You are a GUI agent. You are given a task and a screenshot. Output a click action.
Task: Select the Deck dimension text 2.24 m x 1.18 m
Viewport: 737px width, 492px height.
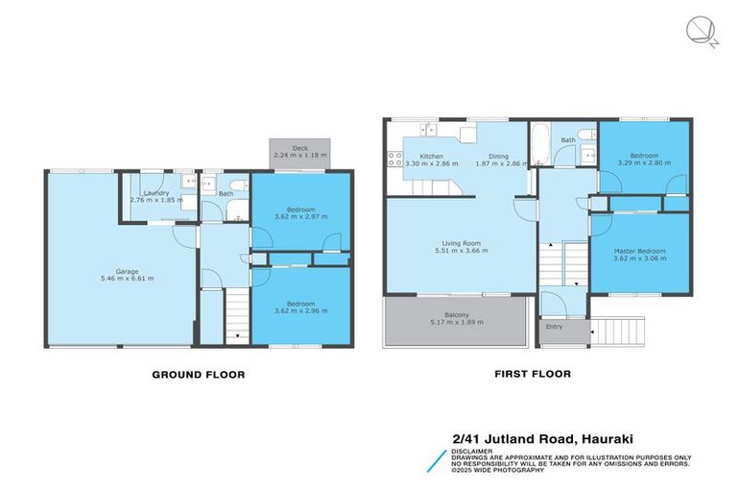pyautogui.click(x=299, y=155)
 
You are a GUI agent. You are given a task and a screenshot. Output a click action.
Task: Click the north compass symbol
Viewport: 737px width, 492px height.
pyautogui.click(x=701, y=31)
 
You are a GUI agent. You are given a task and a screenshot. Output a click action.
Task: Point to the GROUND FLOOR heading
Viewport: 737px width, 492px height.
pyautogui.click(x=199, y=375)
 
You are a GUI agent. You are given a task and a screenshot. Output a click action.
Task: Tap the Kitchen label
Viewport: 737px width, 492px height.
pyautogui.click(x=431, y=156)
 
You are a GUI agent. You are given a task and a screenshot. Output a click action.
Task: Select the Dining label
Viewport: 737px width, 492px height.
pyautogui.click(x=498, y=156)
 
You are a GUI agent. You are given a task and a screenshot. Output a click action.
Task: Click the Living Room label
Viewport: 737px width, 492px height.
pyautogui.click(x=462, y=243)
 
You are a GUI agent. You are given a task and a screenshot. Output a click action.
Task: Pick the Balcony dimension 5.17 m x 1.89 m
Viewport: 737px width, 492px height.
pyautogui.click(x=457, y=322)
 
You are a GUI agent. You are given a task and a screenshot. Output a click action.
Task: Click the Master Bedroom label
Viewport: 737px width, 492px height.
pyautogui.click(x=639, y=251)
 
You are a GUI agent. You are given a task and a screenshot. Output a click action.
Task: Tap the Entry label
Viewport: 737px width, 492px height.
pyautogui.click(x=555, y=327)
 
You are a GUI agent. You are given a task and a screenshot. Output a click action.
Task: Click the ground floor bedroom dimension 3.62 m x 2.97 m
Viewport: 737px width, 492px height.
pyautogui.click(x=300, y=216)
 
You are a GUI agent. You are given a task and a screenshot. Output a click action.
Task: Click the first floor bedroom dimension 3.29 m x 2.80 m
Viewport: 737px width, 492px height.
pyautogui.click(x=644, y=162)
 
